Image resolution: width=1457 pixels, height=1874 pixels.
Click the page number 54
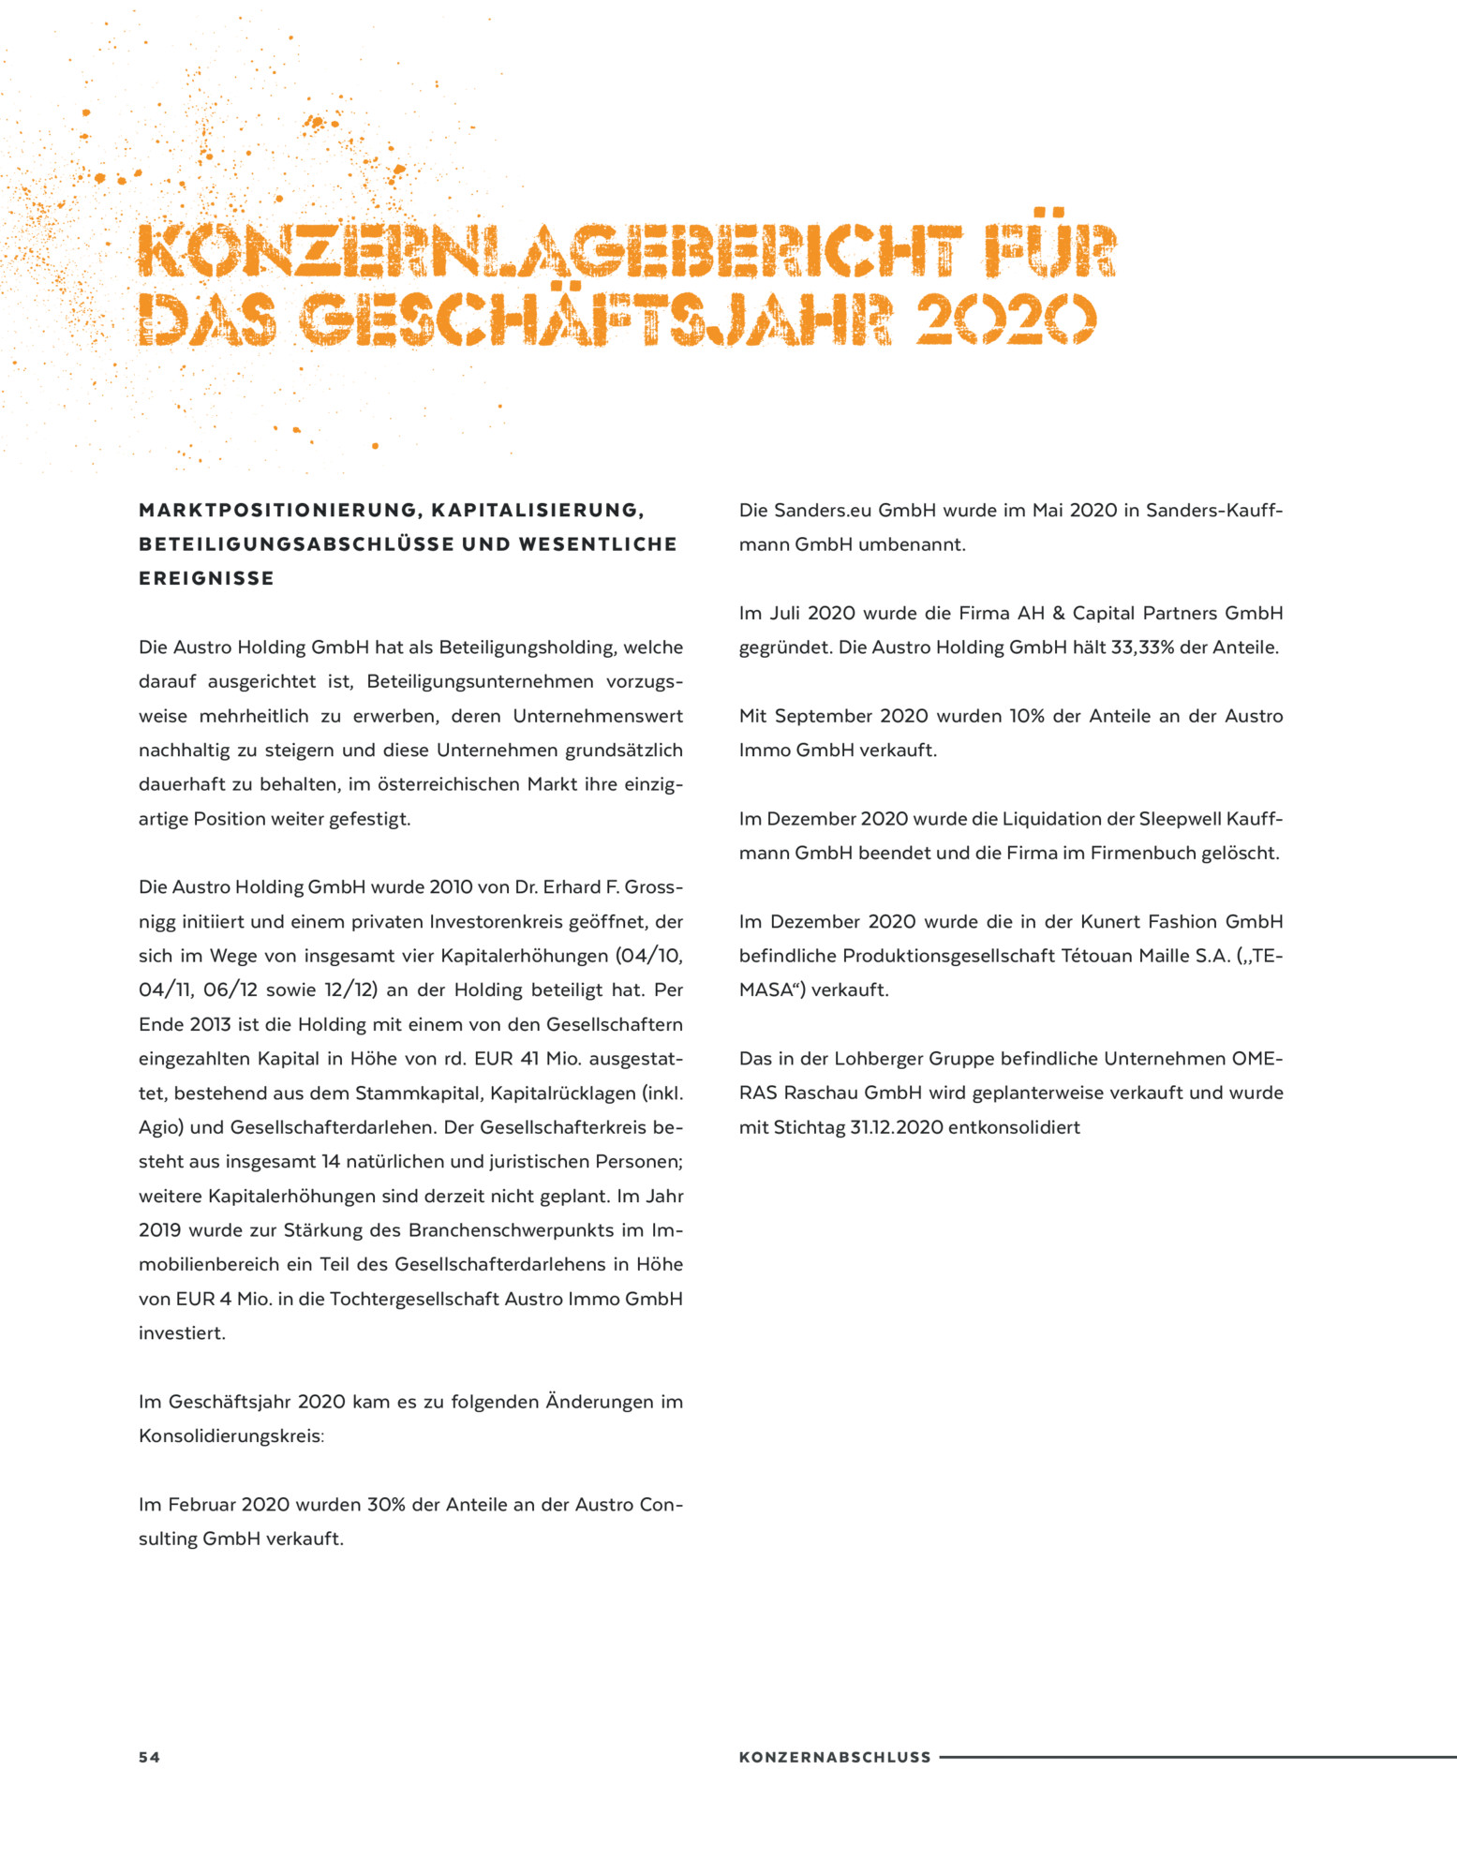point(149,1757)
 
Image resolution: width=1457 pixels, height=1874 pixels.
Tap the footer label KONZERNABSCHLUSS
point(835,1757)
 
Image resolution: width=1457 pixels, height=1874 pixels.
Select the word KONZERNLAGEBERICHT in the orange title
point(549,251)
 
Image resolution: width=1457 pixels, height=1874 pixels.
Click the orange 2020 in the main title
point(1004,320)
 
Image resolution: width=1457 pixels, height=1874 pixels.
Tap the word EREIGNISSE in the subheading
point(206,579)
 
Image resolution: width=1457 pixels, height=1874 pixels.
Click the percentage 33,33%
point(1142,647)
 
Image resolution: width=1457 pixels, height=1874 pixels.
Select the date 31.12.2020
point(896,1127)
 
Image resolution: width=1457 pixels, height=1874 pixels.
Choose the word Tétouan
point(1098,956)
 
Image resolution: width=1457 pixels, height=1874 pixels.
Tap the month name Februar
point(201,1505)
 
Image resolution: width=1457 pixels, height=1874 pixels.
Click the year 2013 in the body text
point(209,1024)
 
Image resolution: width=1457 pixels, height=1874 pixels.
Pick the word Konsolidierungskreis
point(230,1436)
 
